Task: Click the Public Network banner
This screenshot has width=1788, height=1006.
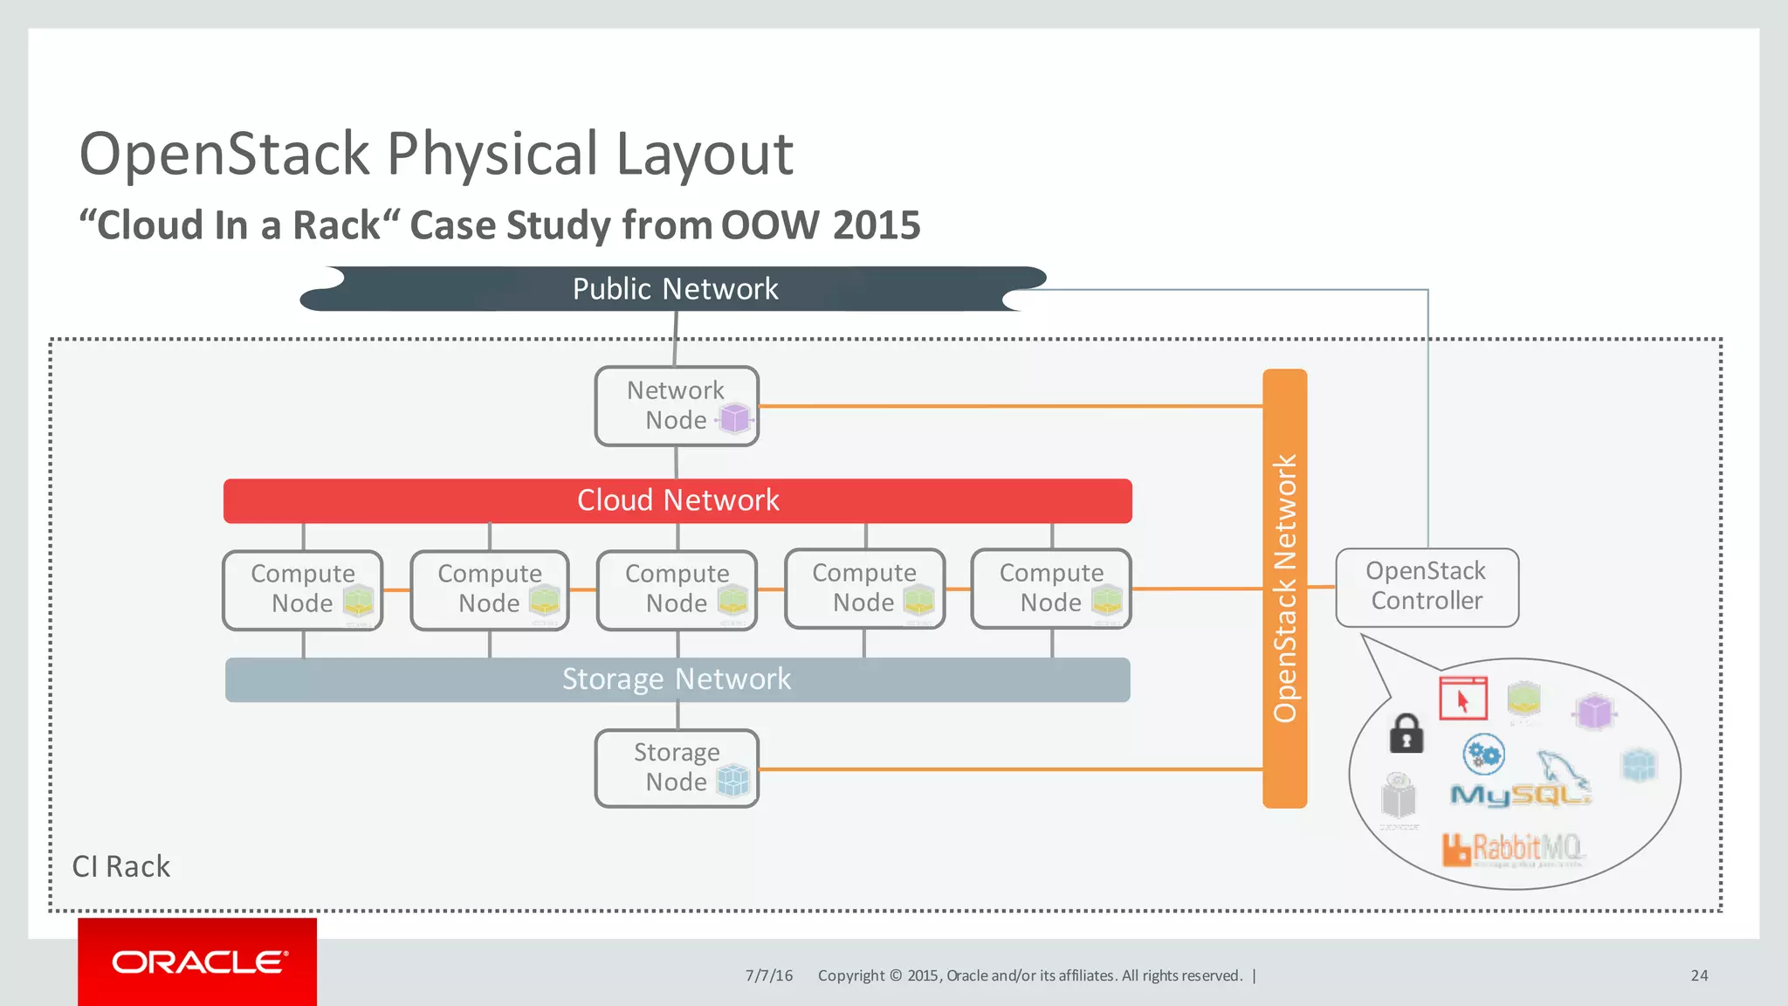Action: [674, 289]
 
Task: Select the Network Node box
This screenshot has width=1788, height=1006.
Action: [676, 406]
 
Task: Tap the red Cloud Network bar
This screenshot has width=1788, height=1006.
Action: [677, 500]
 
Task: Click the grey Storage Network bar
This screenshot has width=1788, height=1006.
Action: [677, 679]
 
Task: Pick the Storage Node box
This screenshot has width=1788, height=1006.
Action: [676, 768]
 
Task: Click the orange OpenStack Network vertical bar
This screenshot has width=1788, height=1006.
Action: [1284, 588]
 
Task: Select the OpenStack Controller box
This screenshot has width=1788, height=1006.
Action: [1427, 587]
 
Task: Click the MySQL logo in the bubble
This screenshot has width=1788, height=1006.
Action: [1520, 793]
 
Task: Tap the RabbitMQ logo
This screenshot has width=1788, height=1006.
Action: [1513, 848]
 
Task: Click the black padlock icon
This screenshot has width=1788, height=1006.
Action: [1406, 734]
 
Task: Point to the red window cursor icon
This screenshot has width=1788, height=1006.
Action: [1463, 698]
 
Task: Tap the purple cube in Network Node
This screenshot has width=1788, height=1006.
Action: [735, 419]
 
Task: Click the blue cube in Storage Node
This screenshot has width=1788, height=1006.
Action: [733, 780]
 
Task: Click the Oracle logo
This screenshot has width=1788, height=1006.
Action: [198, 961]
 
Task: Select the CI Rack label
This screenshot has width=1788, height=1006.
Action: [120, 866]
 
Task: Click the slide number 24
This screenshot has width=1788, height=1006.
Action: [1699, 975]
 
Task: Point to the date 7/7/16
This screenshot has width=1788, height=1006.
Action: [768, 975]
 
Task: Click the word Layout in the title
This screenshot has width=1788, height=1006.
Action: [705, 155]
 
